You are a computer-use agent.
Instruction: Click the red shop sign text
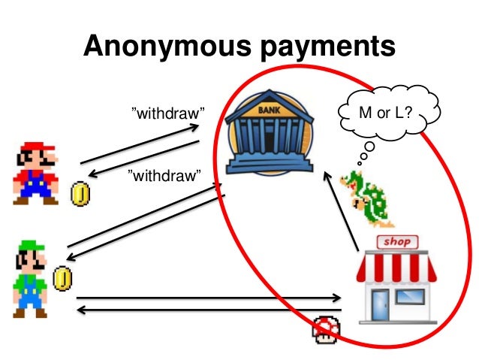pos(398,242)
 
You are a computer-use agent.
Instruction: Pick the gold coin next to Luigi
pos(65,279)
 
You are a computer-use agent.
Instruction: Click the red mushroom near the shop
pos(326,328)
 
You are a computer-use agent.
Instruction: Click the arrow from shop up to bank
pos(339,210)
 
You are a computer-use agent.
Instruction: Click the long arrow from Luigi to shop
pos(210,297)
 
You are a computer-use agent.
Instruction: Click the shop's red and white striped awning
pos(396,266)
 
